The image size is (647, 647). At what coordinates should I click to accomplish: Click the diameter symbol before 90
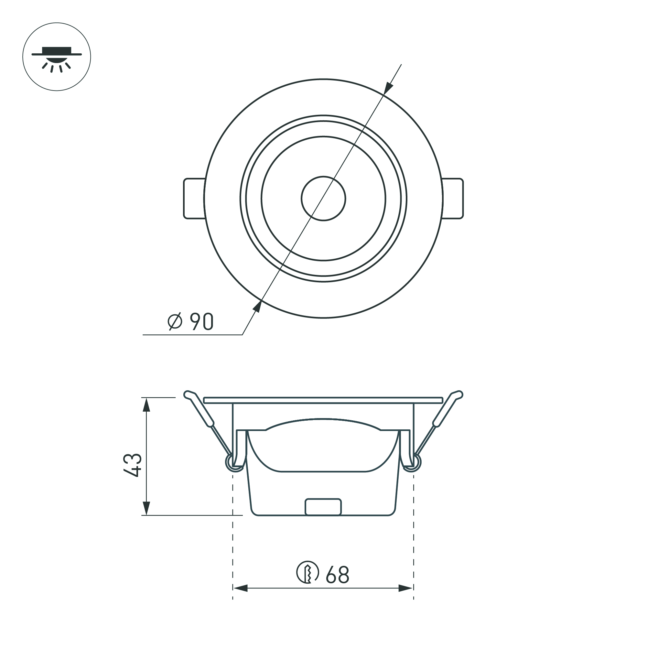[x=175, y=321]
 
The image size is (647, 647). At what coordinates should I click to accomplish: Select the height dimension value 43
[x=133, y=466]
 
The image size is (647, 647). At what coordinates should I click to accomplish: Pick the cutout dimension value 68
[x=337, y=575]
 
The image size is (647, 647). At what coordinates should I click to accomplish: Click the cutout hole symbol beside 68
[x=307, y=572]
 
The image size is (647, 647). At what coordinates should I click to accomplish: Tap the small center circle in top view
[x=323, y=199]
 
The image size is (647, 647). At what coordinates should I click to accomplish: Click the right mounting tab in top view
[x=453, y=199]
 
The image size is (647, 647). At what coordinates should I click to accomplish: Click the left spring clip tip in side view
[x=188, y=394]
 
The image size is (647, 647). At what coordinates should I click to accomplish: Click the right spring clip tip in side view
[x=458, y=394]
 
